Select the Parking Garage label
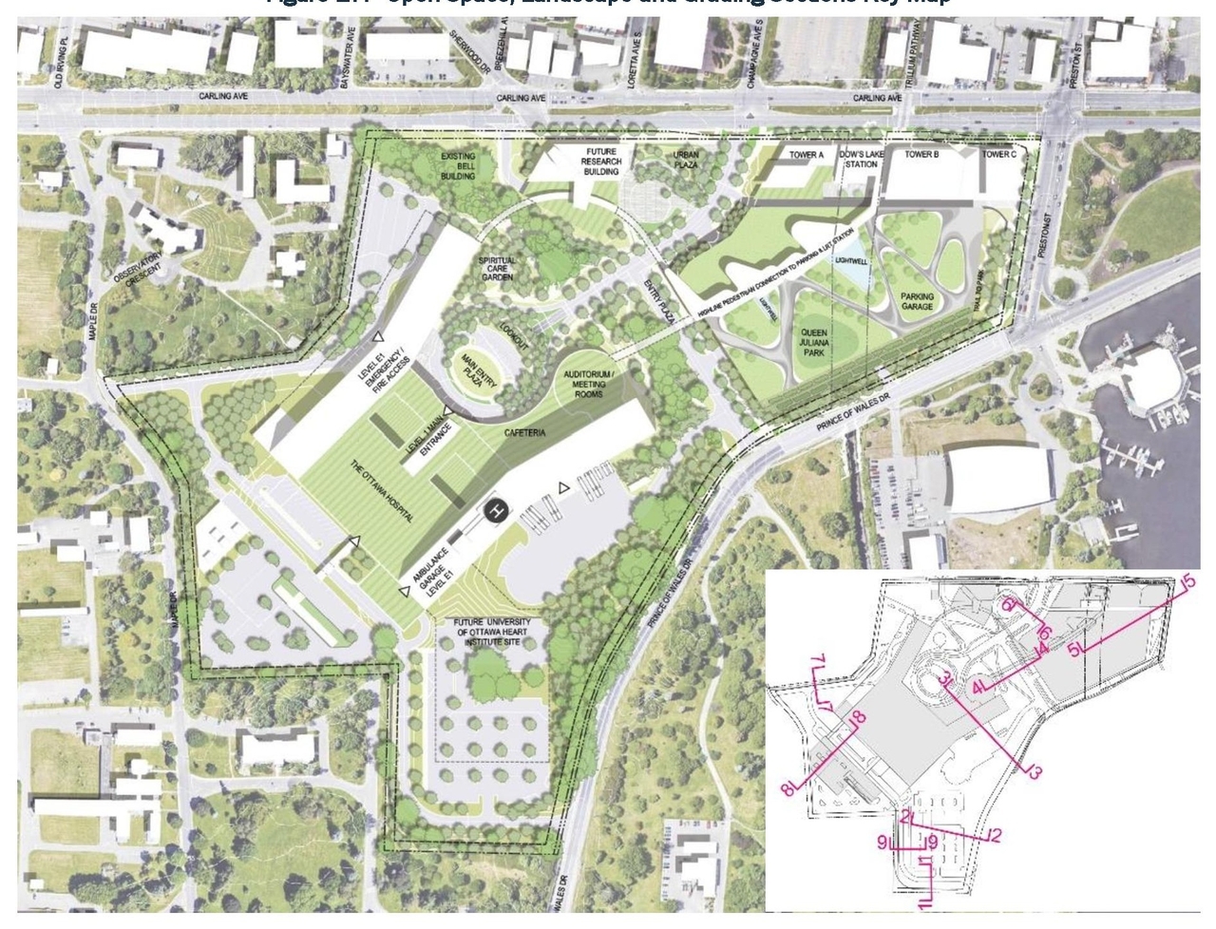[917, 302]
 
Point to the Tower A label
[807, 154]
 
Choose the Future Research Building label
[602, 162]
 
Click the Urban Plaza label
[686, 160]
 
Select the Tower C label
[998, 154]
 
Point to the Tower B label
[921, 154]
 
